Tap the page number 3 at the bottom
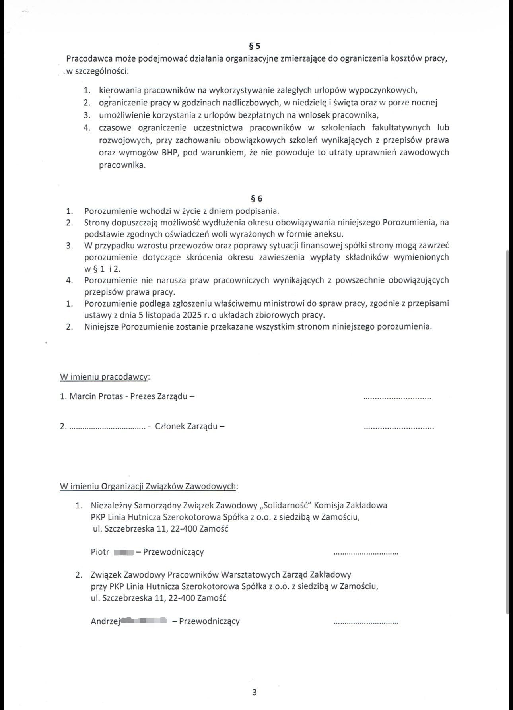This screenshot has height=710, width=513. tap(255, 692)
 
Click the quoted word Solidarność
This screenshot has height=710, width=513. tap(286, 506)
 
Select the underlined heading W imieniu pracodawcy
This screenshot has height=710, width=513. tap(104, 377)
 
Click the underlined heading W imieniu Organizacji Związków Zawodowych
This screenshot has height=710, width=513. tap(148, 486)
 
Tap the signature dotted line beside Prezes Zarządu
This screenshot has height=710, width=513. tap(397, 398)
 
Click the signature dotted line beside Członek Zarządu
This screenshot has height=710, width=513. tap(399, 427)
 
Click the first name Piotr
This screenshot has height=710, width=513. tap(100, 552)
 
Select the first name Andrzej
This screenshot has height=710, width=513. tap(105, 621)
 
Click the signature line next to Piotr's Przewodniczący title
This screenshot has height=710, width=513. tap(365, 553)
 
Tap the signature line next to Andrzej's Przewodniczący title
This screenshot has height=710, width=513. tap(365, 622)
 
